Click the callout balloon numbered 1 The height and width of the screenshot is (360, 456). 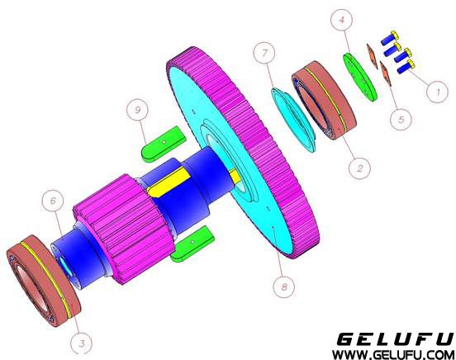point(437,92)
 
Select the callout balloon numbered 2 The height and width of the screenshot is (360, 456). point(359,168)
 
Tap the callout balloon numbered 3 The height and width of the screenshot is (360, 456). point(82,343)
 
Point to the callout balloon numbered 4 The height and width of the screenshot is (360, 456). point(342,20)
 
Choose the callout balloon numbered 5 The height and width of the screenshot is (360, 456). point(401,119)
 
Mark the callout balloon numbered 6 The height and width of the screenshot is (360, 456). point(53,201)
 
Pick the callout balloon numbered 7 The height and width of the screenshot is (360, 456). point(264,53)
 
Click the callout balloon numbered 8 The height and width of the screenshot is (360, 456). point(284,287)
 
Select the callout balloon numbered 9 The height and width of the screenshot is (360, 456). point(138,110)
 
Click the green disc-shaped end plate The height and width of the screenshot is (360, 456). point(361,77)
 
